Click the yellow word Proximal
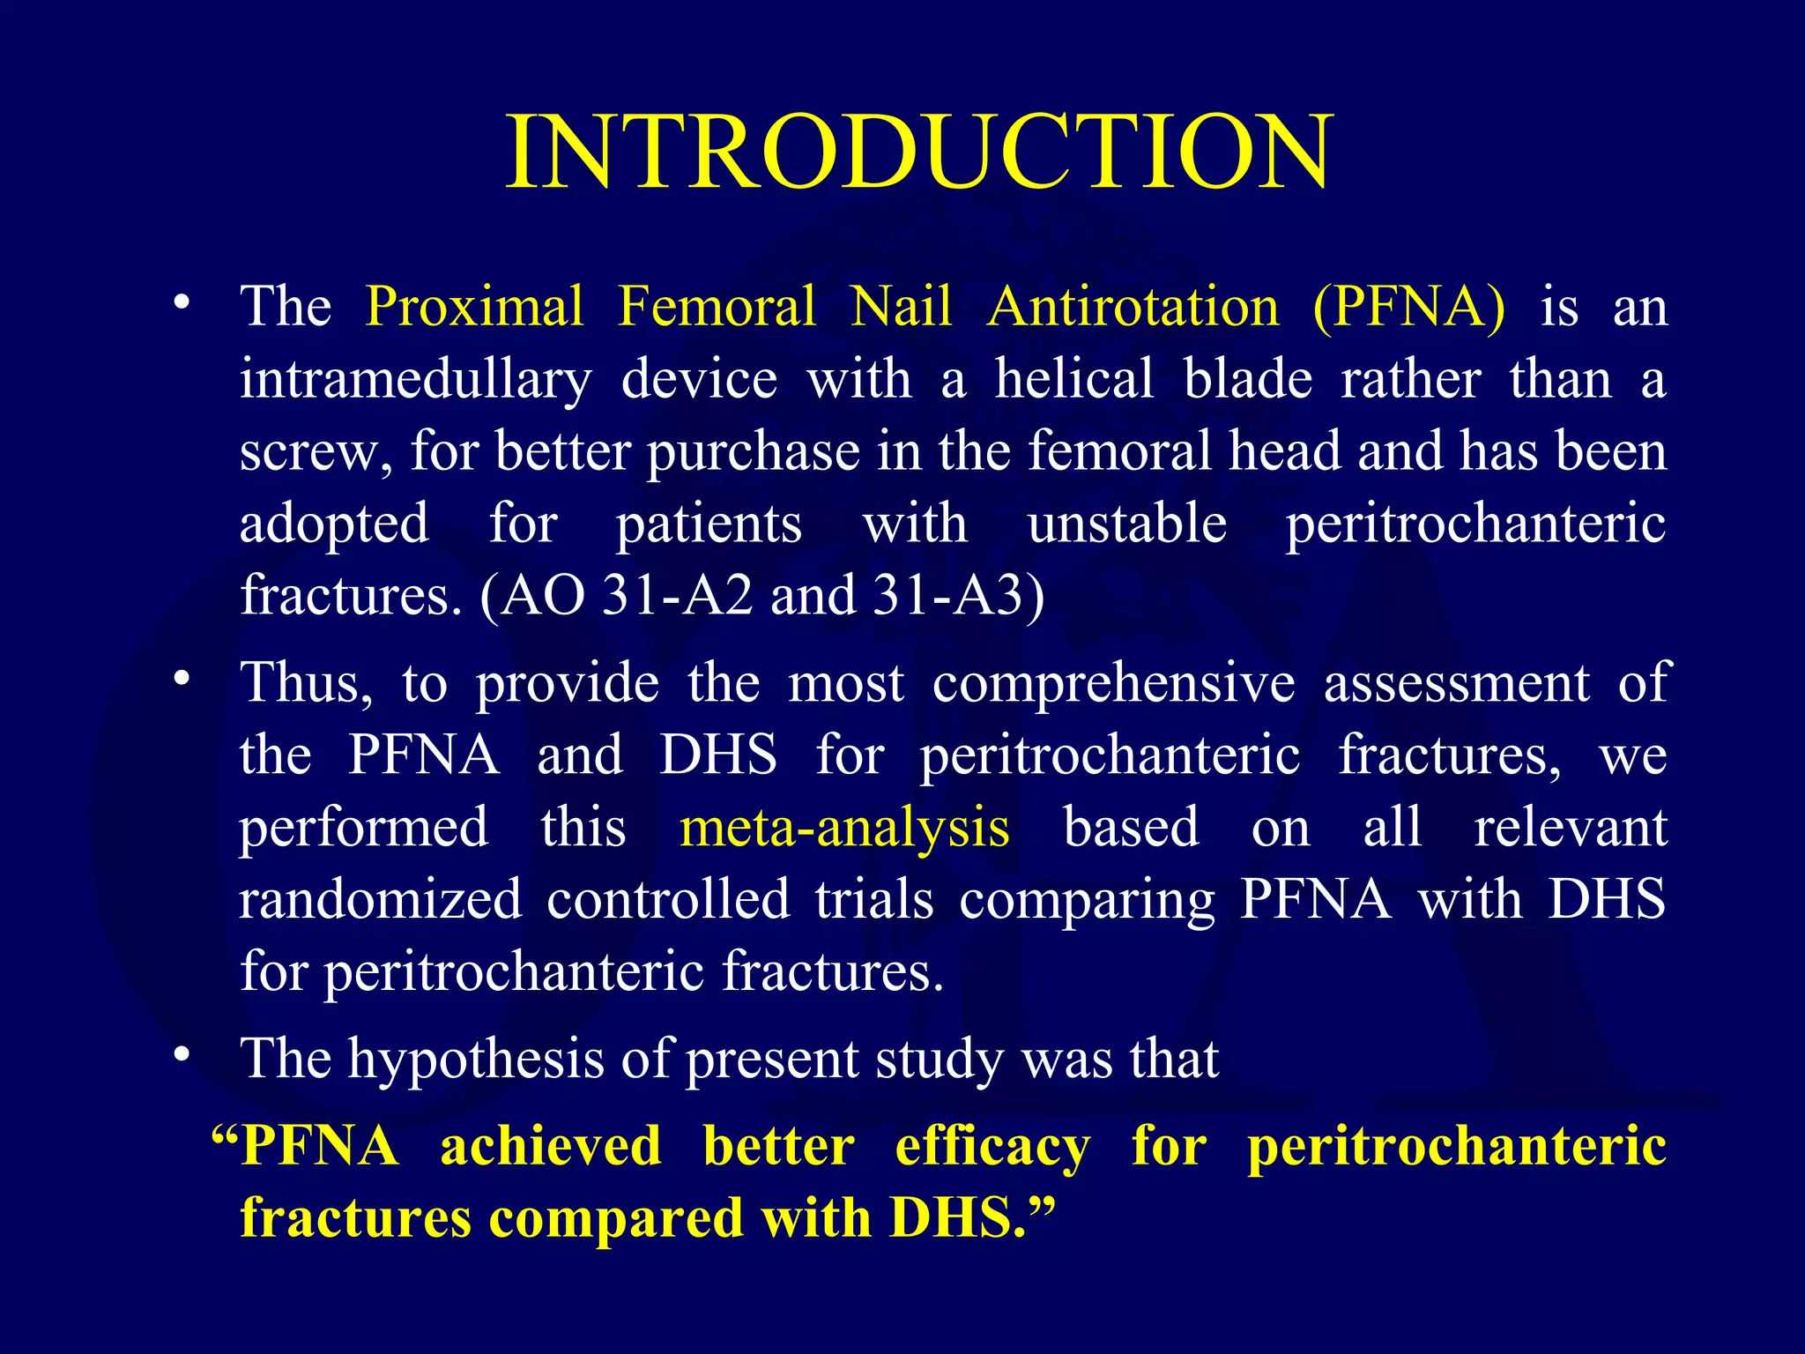pyautogui.click(x=474, y=307)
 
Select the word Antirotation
pyautogui.click(x=1133, y=307)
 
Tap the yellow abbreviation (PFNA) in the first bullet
pyautogui.click(x=1408, y=307)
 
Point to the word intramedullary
pyautogui.click(x=415, y=380)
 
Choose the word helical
pyautogui.click(x=1074, y=379)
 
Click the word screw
pyautogui.click(x=313, y=452)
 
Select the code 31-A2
pyautogui.click(x=677, y=595)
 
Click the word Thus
pyautogui.click(x=305, y=683)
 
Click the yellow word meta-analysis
pyautogui.click(x=844, y=828)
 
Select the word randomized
pyautogui.click(x=381, y=900)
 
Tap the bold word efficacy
pyautogui.click(x=992, y=1147)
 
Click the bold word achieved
pyautogui.click(x=551, y=1146)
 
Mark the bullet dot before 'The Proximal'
pyautogui.click(x=182, y=302)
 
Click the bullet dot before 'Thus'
pyautogui.click(x=182, y=679)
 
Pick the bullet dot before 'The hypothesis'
pyautogui.click(x=182, y=1054)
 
